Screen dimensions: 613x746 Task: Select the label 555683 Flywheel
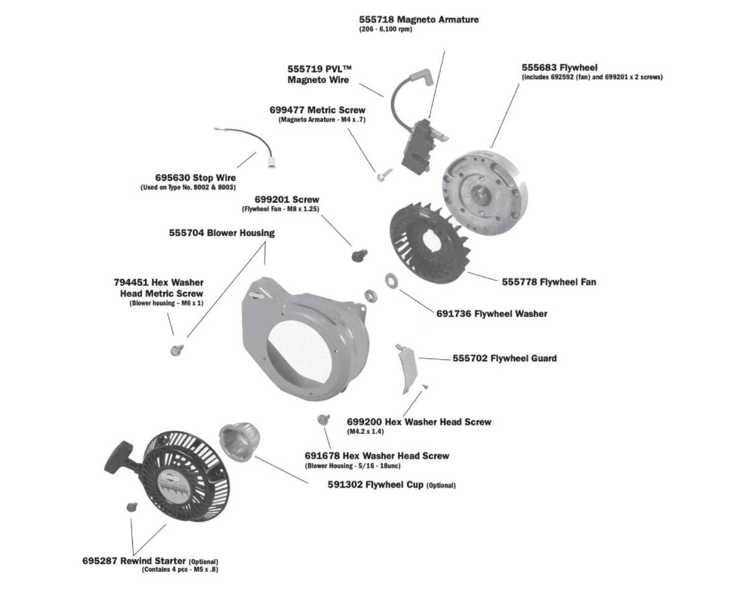pyautogui.click(x=559, y=67)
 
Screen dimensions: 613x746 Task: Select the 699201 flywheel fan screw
pyautogui.click(x=359, y=254)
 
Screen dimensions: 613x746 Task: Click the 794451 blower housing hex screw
pyautogui.click(x=176, y=349)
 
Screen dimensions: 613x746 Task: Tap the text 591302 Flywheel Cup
pyautogui.click(x=375, y=484)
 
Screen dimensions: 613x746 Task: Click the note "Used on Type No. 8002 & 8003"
pyautogui.click(x=188, y=188)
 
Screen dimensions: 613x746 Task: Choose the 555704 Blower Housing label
pyautogui.click(x=221, y=233)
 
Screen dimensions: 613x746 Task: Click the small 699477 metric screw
pyautogui.click(x=380, y=176)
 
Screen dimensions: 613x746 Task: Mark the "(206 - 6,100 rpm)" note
pyautogui.click(x=385, y=30)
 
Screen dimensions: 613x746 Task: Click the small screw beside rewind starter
pyautogui.click(x=131, y=507)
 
